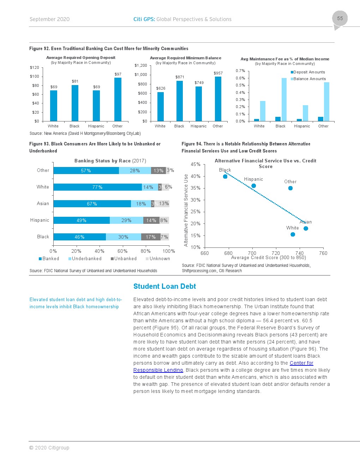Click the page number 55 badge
tap(340, 18)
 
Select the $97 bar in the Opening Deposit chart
tap(118, 99)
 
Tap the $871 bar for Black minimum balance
tap(180, 101)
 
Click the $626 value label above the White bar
tap(161, 88)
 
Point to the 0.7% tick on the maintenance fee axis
tap(240, 71)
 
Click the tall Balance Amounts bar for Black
tap(284, 100)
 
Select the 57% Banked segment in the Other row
tap(86, 171)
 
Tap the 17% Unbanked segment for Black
tap(151, 237)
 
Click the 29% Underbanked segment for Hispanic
tap(126, 220)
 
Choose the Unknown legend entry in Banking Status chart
tap(158, 259)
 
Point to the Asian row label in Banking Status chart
tap(43, 204)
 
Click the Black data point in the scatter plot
tap(225, 177)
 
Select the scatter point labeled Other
tap(290, 188)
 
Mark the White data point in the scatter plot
tap(293, 234)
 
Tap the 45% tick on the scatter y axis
tap(196, 164)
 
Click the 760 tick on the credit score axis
tap(323, 253)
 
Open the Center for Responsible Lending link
tap(301, 363)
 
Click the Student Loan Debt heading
tap(164, 286)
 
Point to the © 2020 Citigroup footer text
tap(49, 448)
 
